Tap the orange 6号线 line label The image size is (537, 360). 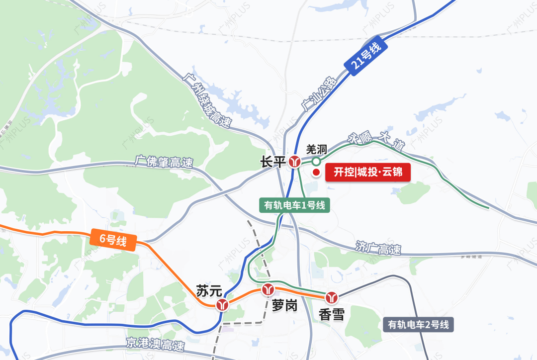(x=113, y=240)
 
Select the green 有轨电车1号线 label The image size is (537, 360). (x=295, y=205)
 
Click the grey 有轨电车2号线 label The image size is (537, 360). (x=419, y=325)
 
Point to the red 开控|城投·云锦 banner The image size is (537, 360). (x=368, y=173)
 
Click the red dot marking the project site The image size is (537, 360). (x=316, y=173)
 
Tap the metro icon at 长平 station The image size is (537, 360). (x=295, y=162)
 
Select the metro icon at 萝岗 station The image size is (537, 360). (x=268, y=288)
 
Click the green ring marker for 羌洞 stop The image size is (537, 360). (x=316, y=161)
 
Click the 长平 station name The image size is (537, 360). (x=272, y=162)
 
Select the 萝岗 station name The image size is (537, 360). (x=284, y=305)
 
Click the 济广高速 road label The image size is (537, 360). (x=378, y=248)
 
